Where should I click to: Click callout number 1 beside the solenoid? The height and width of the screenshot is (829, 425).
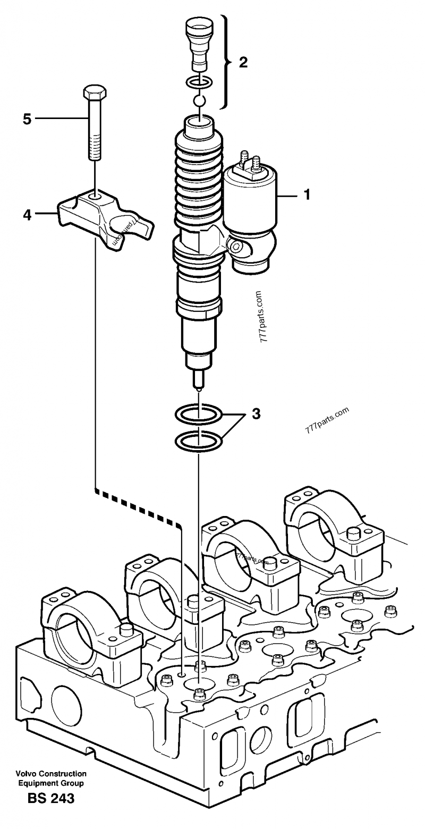[x=306, y=195]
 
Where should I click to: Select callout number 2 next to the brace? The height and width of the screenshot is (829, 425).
[x=243, y=63]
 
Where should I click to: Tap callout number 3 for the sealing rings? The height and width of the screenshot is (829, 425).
[x=256, y=413]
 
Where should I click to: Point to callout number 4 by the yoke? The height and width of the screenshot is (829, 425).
[x=27, y=215]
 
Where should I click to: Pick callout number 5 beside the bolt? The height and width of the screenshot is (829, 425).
[x=27, y=119]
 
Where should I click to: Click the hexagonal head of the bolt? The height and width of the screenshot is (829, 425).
[x=94, y=93]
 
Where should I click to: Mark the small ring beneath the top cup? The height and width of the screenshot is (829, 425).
[x=199, y=82]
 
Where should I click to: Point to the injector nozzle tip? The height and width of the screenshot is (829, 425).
[x=198, y=379]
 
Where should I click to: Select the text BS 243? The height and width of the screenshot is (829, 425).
[x=52, y=798]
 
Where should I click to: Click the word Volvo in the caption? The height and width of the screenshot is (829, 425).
[x=26, y=774]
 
